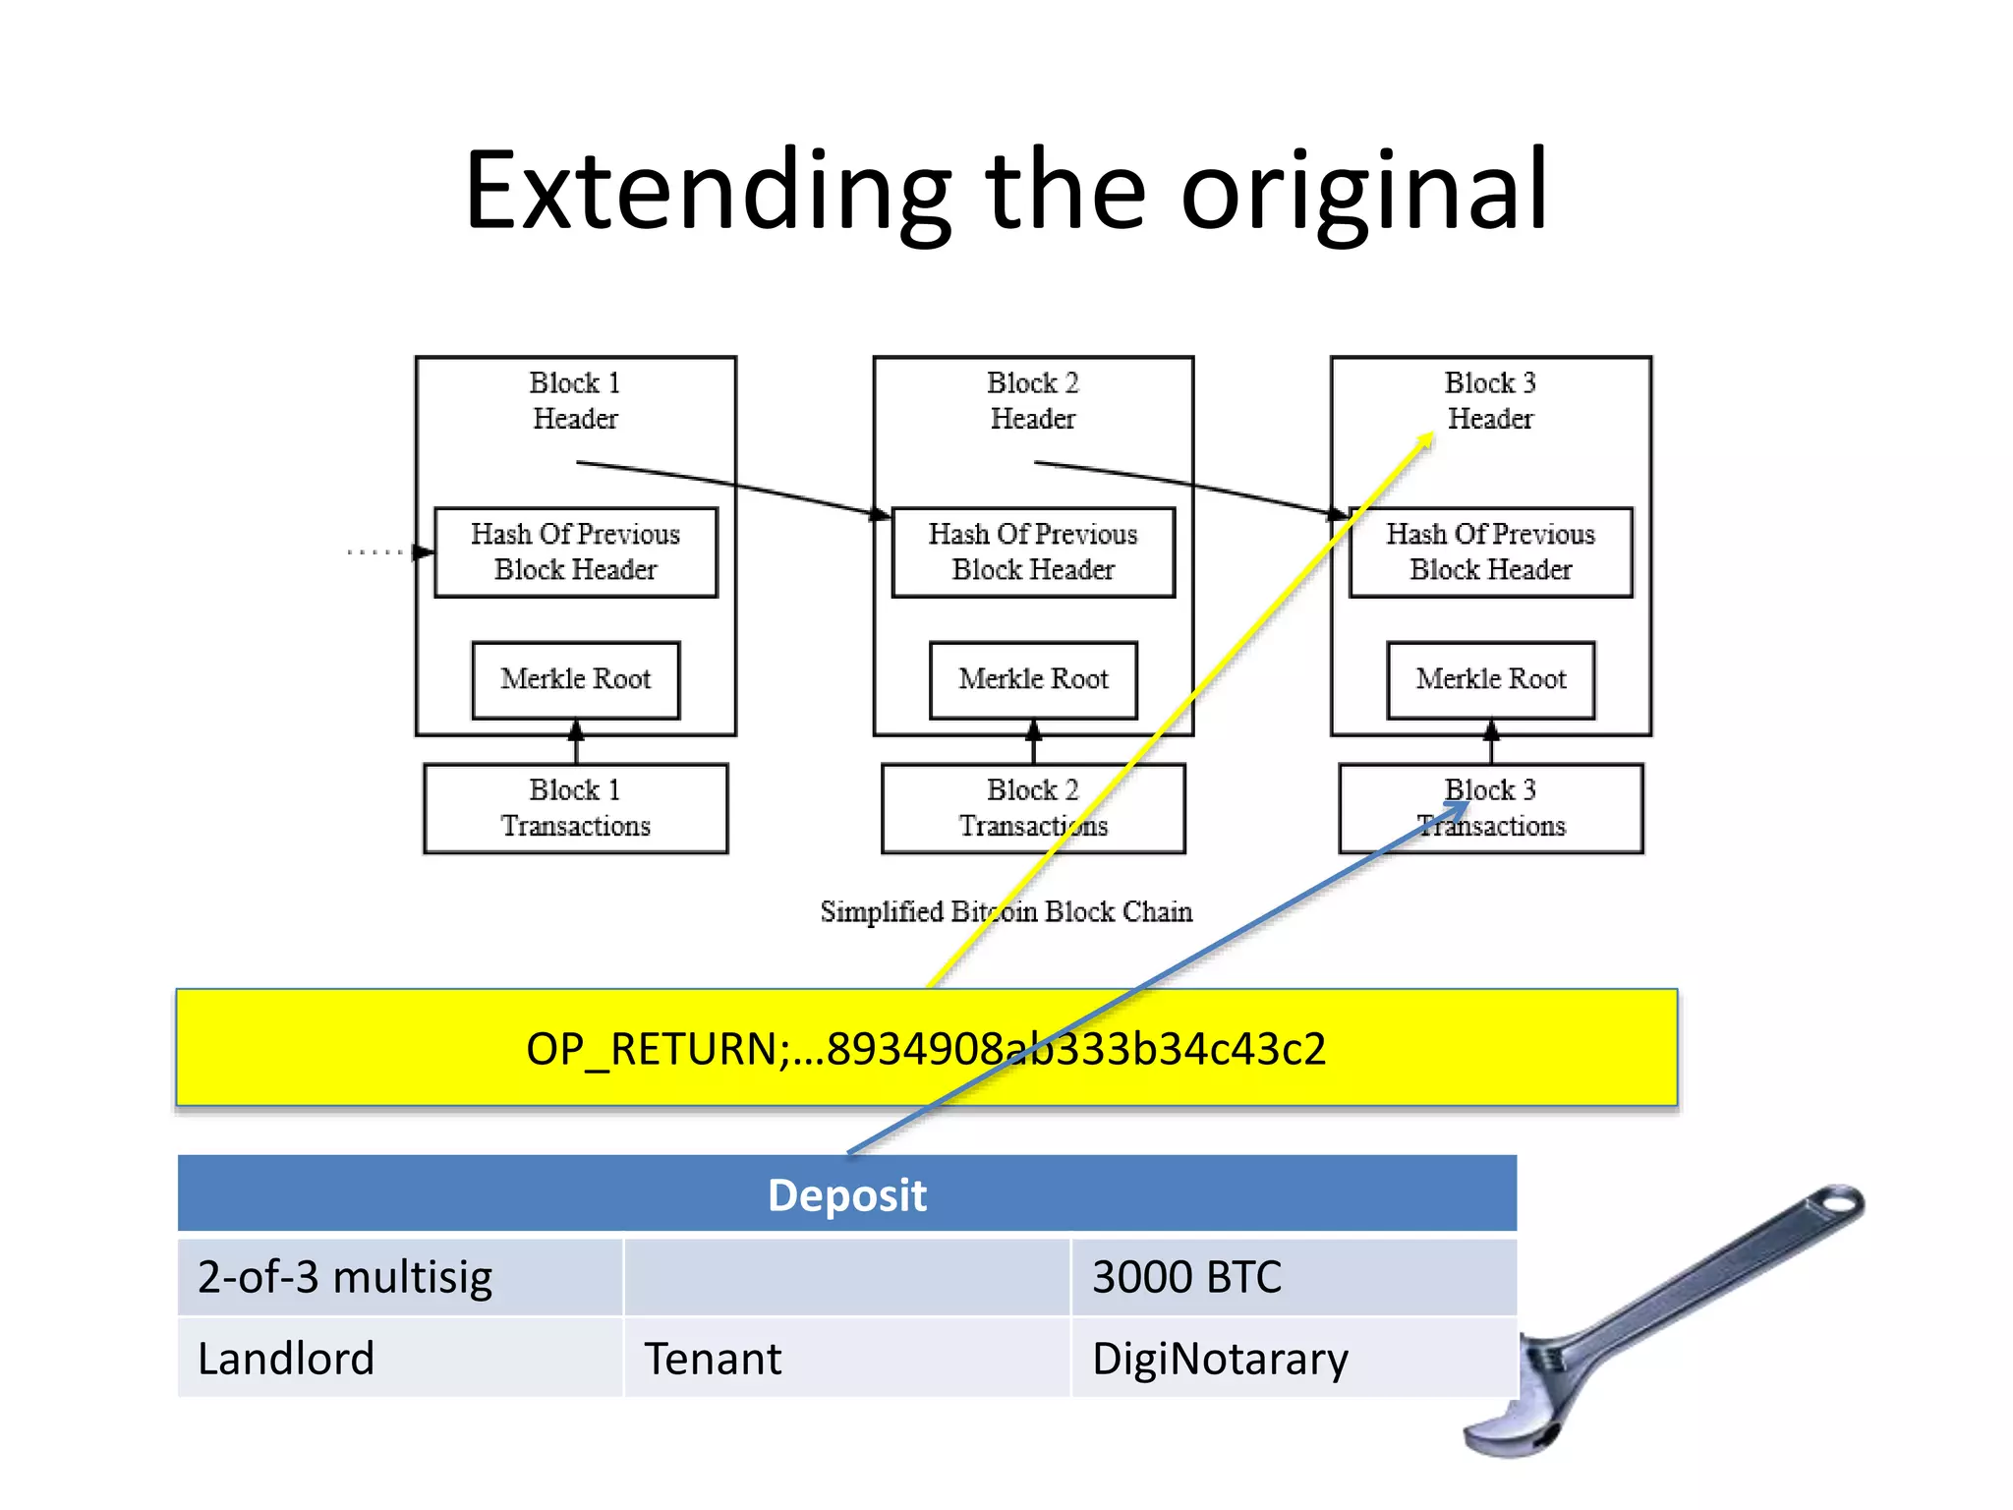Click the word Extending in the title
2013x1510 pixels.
click(708, 192)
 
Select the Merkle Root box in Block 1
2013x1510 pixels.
click(575, 679)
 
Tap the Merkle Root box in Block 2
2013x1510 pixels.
click(1033, 679)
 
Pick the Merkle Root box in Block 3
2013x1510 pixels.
click(1490, 679)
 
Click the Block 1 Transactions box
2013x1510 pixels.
click(575, 808)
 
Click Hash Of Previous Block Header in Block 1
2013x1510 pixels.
click(575, 552)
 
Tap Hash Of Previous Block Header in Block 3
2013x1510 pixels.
click(1490, 552)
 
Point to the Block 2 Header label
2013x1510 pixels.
click(1033, 400)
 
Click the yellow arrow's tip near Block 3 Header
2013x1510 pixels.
click(1430, 436)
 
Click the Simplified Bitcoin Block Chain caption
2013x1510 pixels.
click(1006, 911)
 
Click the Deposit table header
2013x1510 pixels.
click(846, 1194)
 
